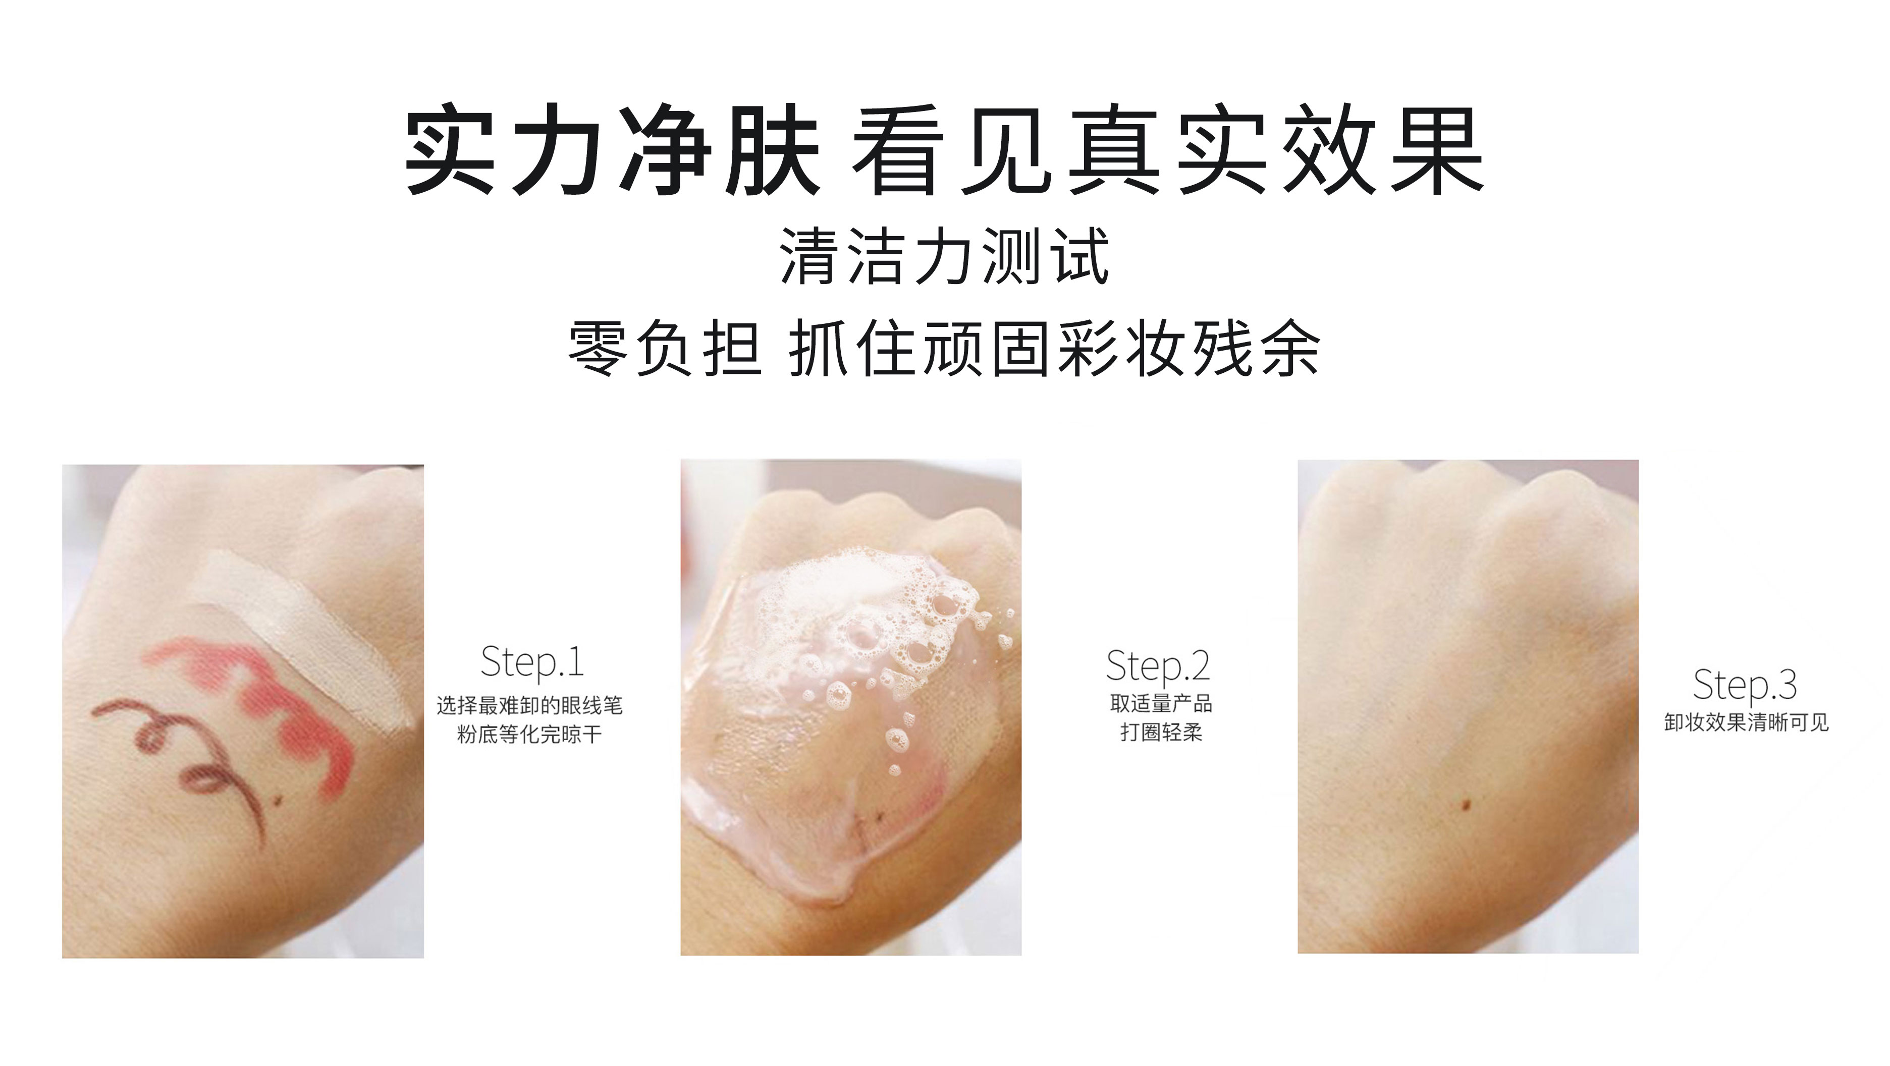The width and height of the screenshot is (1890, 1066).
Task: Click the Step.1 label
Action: [x=532, y=662]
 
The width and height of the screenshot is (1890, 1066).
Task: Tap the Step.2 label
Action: [x=1157, y=666]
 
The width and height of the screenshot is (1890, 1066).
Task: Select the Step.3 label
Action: [x=1744, y=685]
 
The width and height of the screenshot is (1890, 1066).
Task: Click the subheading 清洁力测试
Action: [x=944, y=256]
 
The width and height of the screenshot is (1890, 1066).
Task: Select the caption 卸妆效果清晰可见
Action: [x=1746, y=722]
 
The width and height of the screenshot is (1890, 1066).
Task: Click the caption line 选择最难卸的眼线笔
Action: [x=529, y=706]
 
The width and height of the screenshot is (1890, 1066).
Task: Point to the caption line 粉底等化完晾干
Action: [x=529, y=735]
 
